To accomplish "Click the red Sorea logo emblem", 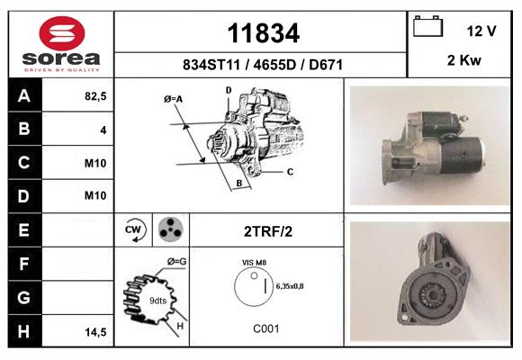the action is (x=62, y=33).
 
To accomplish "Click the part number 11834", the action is (x=264, y=33).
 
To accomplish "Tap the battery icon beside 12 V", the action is (x=427, y=26).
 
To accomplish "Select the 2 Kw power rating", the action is (x=464, y=60).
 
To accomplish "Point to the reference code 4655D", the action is (x=274, y=65).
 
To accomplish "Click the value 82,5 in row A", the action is (x=95, y=96).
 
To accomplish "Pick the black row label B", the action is (x=24, y=129).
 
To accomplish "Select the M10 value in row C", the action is (x=95, y=163).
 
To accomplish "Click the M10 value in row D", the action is (x=95, y=195).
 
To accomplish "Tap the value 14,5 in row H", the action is (x=95, y=332).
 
